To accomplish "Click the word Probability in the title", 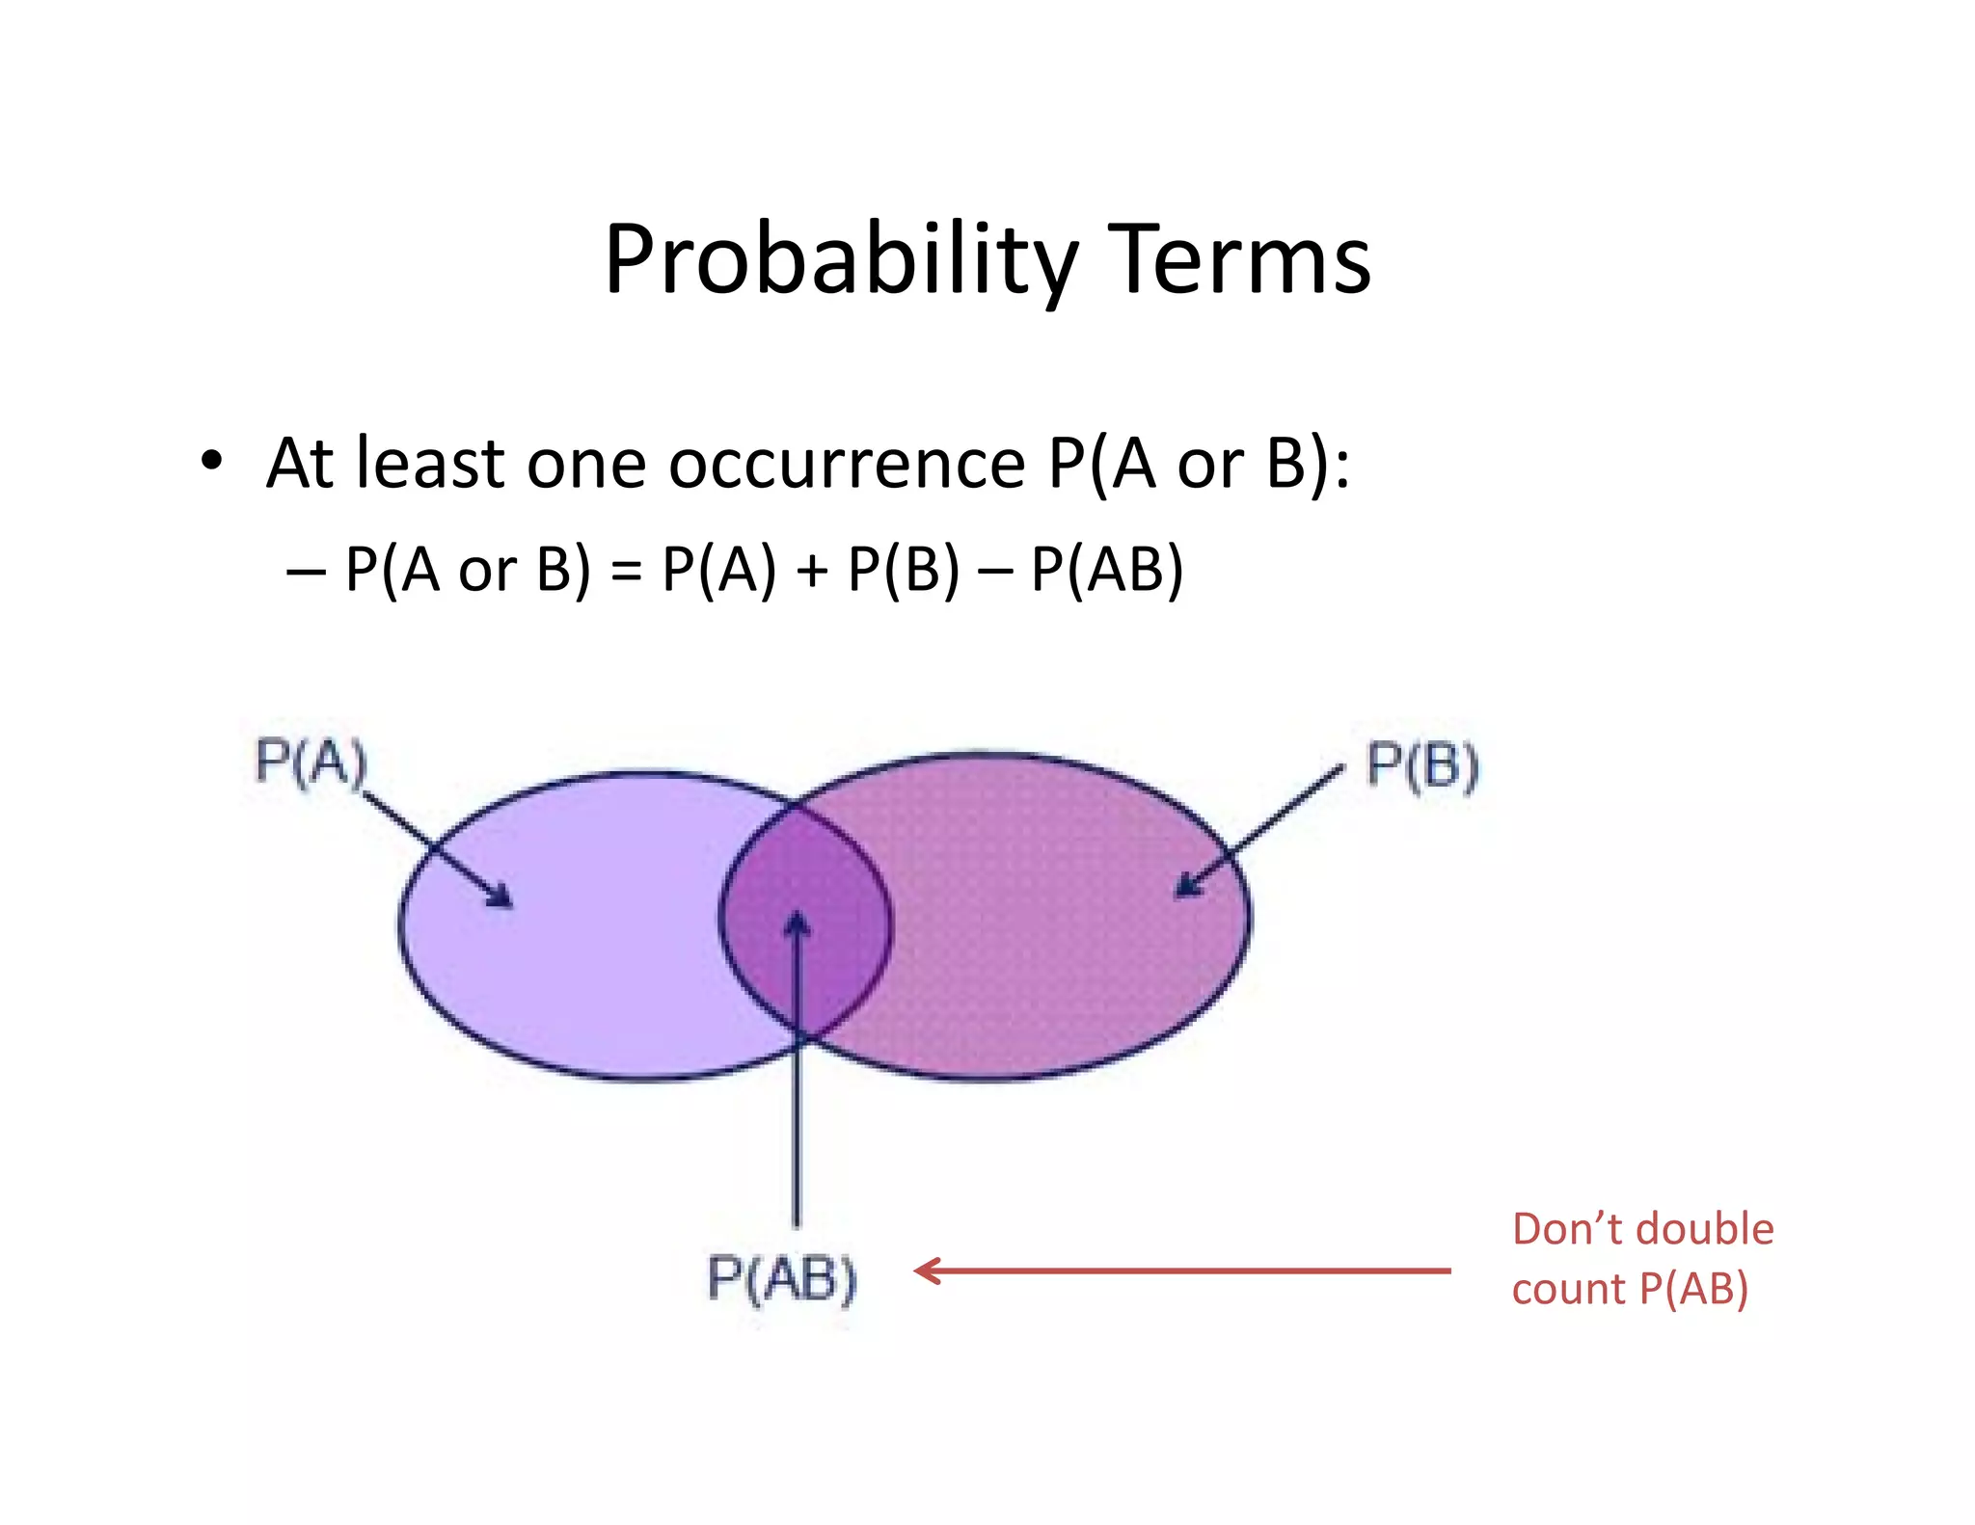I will [x=839, y=260].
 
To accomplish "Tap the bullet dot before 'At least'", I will [x=211, y=461].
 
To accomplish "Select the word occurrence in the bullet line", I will [x=847, y=464].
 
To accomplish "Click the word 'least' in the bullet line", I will [x=430, y=464].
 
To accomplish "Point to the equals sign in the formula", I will [x=626, y=571].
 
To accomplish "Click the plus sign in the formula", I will [x=812, y=571].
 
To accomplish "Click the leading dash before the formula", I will [x=305, y=571].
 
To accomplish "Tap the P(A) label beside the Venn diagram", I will [x=311, y=762].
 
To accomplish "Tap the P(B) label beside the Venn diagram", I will [x=1422, y=766].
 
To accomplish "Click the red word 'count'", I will [x=1567, y=1289].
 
